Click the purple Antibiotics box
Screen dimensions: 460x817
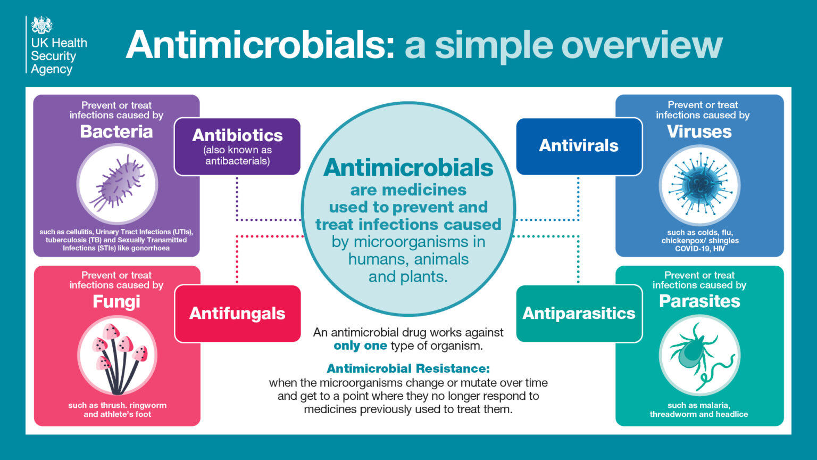coord(237,146)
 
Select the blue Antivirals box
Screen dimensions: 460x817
coord(579,146)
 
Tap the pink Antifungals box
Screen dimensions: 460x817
coord(237,313)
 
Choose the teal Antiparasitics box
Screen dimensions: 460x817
coord(579,313)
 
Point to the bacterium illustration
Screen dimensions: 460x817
coord(117,184)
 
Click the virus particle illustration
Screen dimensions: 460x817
coord(699,185)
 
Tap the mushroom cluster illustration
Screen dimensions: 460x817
coord(117,356)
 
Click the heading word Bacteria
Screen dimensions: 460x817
coord(116,132)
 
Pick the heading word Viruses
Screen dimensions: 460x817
coord(699,132)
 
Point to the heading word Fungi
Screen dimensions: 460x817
coord(116,301)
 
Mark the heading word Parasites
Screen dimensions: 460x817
coord(699,301)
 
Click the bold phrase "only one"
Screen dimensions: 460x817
coord(360,346)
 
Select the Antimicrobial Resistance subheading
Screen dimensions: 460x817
coord(408,368)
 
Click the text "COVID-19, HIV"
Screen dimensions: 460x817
coord(699,249)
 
